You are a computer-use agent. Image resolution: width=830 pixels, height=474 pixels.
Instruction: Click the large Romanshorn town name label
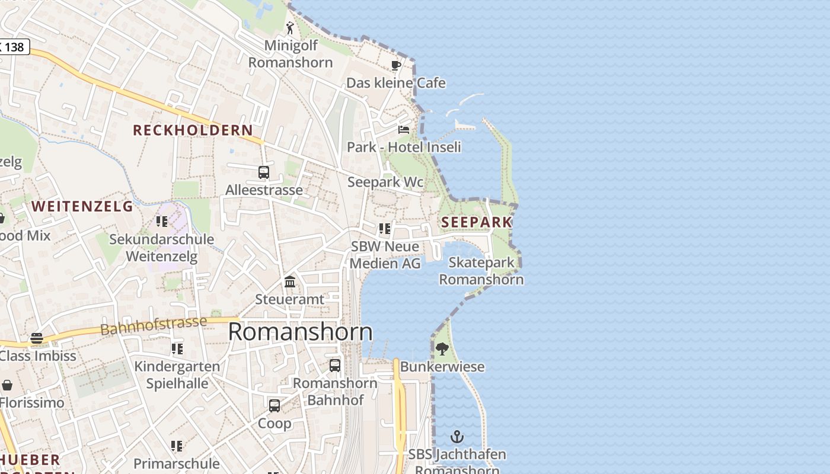click(300, 332)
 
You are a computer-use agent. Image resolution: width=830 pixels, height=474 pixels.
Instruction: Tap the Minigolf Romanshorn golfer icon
click(290, 28)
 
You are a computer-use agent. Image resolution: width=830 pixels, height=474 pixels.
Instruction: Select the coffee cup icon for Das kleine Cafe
click(396, 65)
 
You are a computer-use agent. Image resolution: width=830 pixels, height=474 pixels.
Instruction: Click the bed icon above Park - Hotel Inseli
click(404, 129)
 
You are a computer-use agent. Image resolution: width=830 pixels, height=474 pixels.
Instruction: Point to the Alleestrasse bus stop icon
click(264, 172)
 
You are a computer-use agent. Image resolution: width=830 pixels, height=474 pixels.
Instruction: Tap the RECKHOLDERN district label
click(193, 130)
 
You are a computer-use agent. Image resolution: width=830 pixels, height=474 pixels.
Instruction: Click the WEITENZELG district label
click(82, 206)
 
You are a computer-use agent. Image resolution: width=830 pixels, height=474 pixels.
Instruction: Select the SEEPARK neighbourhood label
click(477, 222)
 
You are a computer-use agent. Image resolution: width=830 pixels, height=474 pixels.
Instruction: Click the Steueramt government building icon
click(290, 281)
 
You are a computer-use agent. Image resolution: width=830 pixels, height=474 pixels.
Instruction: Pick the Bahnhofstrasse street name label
click(154, 325)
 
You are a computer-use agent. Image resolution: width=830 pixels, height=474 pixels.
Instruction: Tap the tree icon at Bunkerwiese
click(442, 348)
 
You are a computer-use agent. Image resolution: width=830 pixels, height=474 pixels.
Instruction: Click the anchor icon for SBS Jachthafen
click(456, 437)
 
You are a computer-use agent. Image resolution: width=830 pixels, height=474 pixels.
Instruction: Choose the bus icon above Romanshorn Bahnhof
click(335, 365)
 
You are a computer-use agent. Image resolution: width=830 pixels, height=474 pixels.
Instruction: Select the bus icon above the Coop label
click(274, 405)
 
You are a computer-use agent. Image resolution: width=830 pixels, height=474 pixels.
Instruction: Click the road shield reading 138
click(13, 46)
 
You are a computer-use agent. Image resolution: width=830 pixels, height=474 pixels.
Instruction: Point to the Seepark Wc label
click(385, 182)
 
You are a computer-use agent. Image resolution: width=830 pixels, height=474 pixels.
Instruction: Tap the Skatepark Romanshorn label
click(481, 271)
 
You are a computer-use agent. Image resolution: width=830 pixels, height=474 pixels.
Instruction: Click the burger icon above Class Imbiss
click(37, 338)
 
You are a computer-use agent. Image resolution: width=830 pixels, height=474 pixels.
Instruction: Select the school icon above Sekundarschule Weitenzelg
click(161, 222)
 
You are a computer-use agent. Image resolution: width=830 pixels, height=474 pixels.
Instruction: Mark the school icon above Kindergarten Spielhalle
click(177, 349)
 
